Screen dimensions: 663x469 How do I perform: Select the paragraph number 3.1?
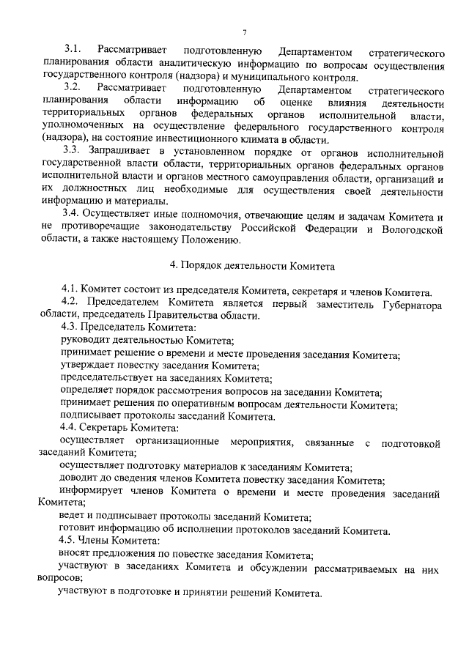73,53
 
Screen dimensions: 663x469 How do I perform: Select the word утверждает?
89,366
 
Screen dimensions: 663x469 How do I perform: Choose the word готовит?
78,530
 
